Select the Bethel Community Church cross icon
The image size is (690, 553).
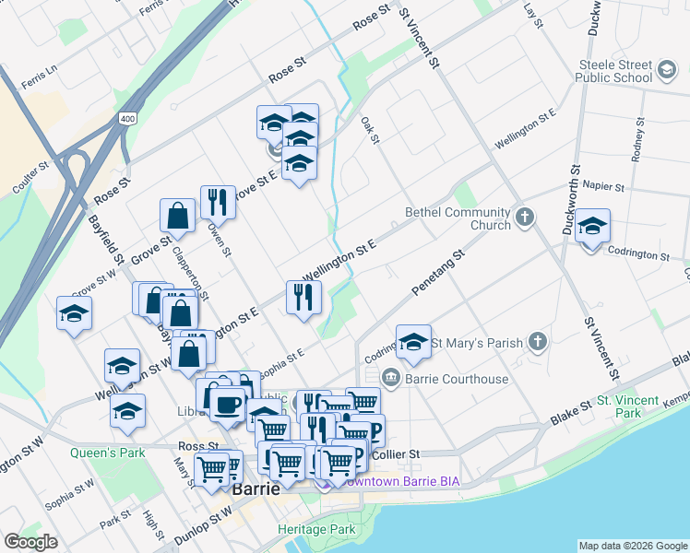tap(525, 218)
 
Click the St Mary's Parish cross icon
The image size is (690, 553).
tap(538, 343)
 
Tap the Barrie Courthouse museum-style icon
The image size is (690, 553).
tap(390, 377)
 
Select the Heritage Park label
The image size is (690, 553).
tap(316, 530)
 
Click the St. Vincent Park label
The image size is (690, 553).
tap(627, 406)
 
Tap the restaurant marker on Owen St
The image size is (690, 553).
tap(218, 202)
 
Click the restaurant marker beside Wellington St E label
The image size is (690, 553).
tap(303, 297)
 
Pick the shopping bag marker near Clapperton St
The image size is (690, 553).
tap(177, 216)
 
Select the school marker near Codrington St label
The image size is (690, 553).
tap(593, 226)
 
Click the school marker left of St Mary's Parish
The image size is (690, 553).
tap(414, 342)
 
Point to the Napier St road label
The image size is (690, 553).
tap(605, 186)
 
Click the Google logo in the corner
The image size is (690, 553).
tap(31, 542)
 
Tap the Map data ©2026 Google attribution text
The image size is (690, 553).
tap(632, 546)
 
